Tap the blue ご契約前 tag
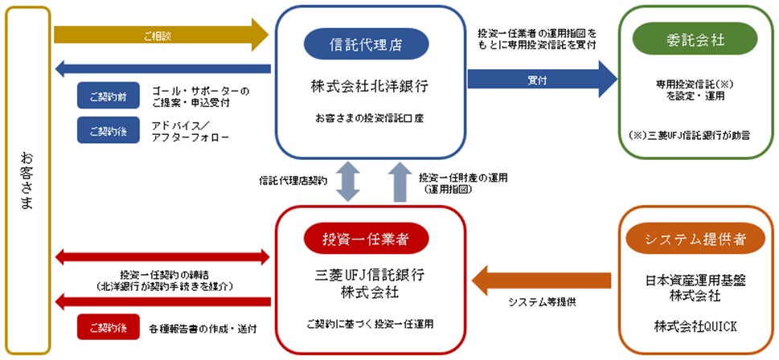pyautogui.click(x=104, y=95)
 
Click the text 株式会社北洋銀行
pyautogui.click(x=370, y=86)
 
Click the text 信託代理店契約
pyautogui.click(x=293, y=181)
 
